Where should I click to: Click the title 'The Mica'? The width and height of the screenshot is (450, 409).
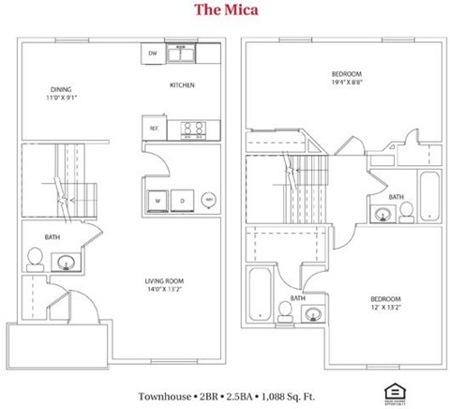pyautogui.click(x=227, y=11)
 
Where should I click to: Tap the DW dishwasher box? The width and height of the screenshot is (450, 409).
pyautogui.click(x=153, y=53)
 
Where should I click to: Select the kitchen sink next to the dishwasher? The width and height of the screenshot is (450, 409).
pyautogui.click(x=182, y=53)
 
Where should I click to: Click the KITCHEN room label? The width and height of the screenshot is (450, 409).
pyautogui.click(x=182, y=85)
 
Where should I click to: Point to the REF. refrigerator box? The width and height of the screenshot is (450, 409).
pyautogui.click(x=153, y=129)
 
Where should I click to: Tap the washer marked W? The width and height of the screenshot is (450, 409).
pyautogui.click(x=157, y=200)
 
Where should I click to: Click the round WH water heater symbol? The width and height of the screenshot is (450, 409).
pyautogui.click(x=208, y=200)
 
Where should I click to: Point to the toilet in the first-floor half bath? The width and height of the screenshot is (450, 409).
pyautogui.click(x=34, y=256)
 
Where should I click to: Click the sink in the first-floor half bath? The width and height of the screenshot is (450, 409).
pyautogui.click(x=66, y=260)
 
